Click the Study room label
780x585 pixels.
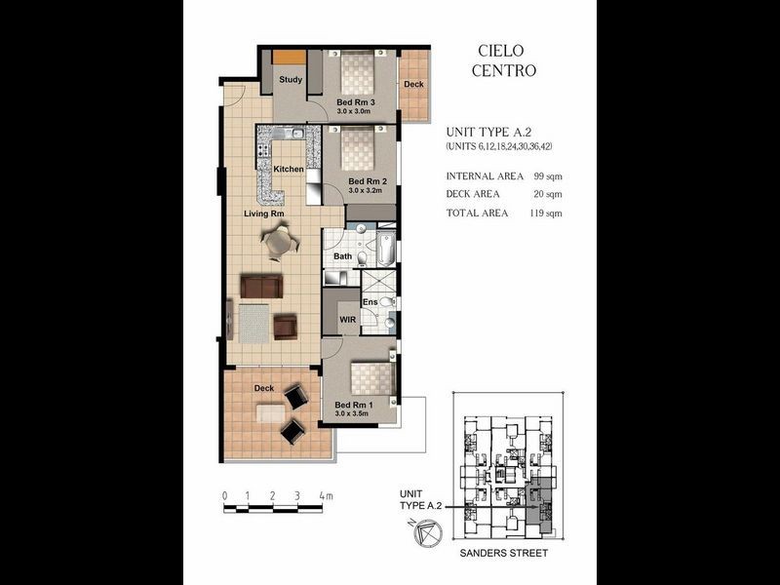point(290,80)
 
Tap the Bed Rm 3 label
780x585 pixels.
point(357,102)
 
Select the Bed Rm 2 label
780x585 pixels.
point(368,182)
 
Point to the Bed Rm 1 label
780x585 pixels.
point(354,405)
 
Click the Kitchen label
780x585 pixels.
point(289,170)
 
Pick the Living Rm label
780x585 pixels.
point(263,214)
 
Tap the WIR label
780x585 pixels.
point(347,319)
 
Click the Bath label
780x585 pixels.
point(342,256)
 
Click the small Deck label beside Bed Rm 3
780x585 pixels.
point(413,85)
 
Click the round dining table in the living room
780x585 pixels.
point(280,241)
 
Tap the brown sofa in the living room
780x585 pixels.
point(261,287)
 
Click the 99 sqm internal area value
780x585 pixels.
point(546,176)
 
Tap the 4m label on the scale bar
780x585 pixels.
point(325,496)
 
